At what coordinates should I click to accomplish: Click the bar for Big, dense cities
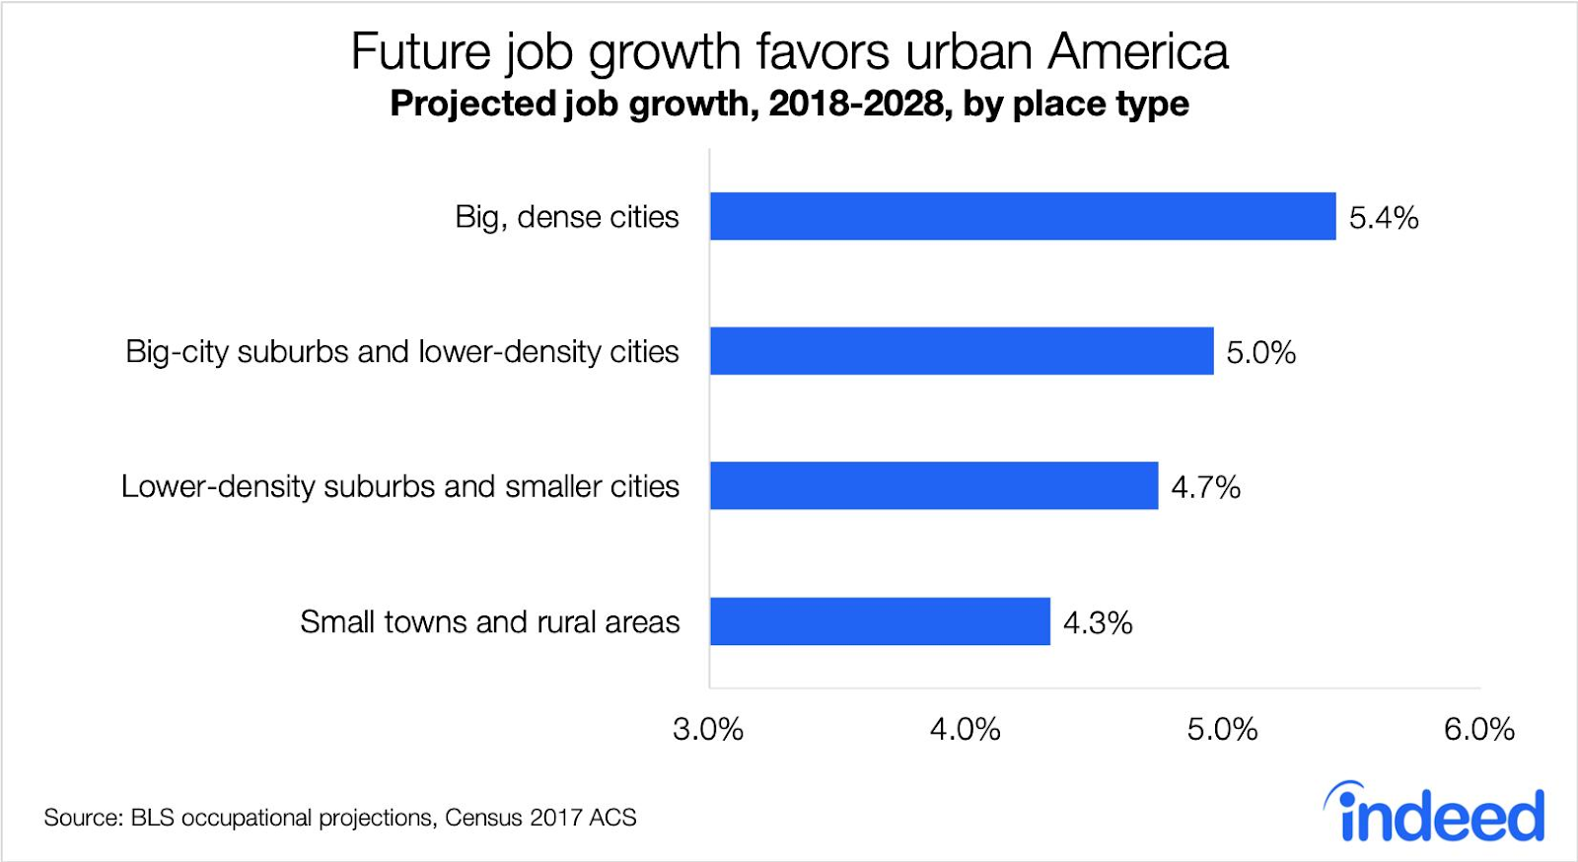point(1023,216)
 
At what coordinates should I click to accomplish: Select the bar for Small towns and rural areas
point(880,621)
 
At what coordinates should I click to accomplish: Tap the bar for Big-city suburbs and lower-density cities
point(962,351)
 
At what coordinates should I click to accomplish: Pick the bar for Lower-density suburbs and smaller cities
point(934,486)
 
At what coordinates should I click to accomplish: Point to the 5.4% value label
point(1384,218)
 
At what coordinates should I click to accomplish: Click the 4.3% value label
point(1098,623)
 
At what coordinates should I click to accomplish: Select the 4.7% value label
point(1205,487)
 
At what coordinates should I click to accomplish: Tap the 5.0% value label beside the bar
point(1260,353)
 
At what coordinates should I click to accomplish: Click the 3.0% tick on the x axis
point(708,730)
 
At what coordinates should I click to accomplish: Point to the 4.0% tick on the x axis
point(966,730)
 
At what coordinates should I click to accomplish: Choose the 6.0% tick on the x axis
point(1479,730)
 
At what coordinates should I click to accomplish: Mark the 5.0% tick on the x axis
point(1223,730)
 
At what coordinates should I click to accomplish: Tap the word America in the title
point(1138,52)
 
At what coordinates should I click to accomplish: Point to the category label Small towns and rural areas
point(490,622)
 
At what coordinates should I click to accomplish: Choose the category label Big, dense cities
point(567,217)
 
